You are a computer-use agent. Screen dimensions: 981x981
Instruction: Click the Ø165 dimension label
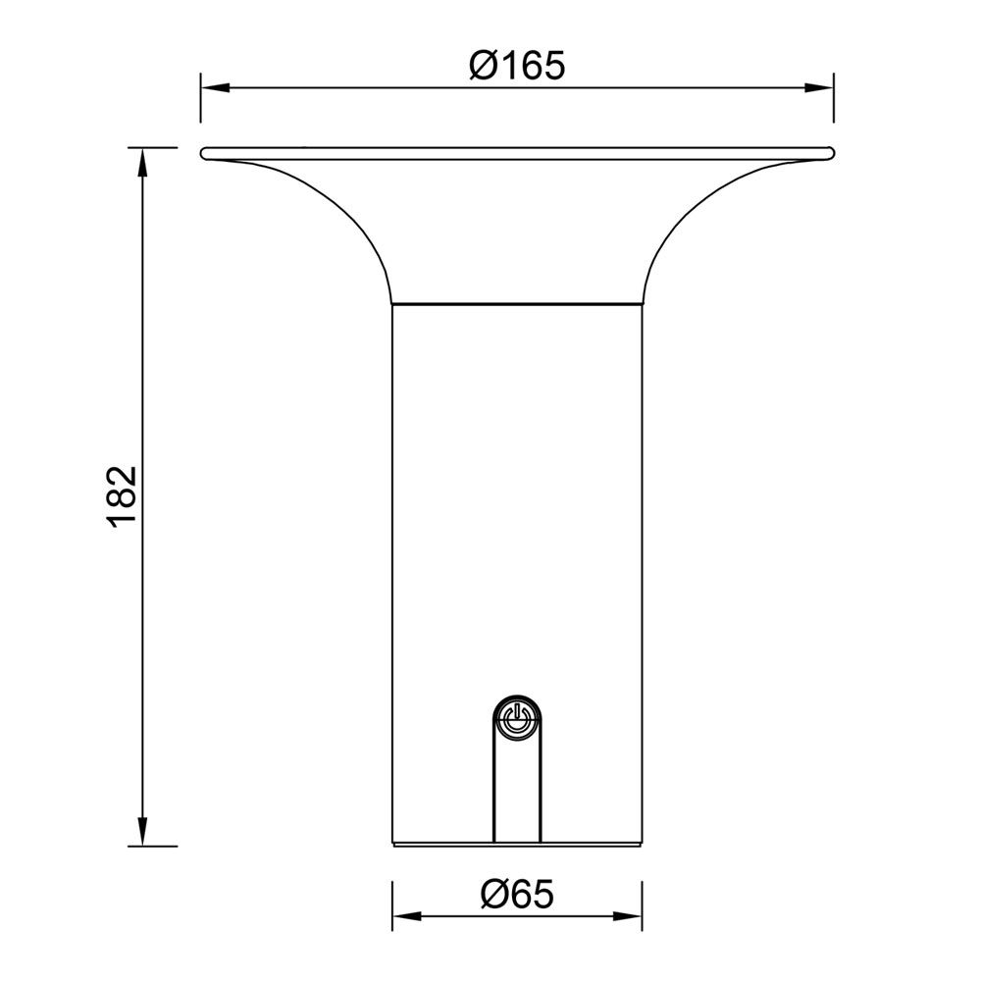click(517, 66)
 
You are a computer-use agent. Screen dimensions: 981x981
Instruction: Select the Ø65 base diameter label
click(518, 894)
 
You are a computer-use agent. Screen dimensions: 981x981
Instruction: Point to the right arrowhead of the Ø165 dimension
click(820, 87)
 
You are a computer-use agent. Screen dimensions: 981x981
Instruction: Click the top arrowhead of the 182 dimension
click(143, 162)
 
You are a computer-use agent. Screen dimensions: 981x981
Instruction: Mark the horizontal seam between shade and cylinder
click(517, 303)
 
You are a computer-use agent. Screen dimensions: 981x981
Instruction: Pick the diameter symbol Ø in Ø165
click(484, 66)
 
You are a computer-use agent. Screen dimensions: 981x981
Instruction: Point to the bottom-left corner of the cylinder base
click(392, 844)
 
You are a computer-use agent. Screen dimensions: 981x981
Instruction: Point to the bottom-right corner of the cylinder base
click(642, 844)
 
